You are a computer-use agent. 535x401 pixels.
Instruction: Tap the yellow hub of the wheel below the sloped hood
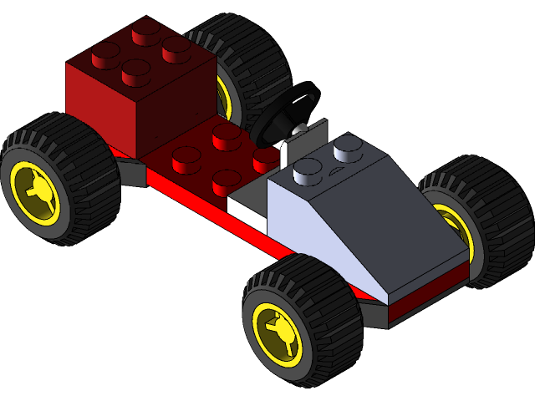(x=277, y=333)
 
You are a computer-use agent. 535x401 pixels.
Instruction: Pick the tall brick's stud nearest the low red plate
(x=136, y=74)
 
